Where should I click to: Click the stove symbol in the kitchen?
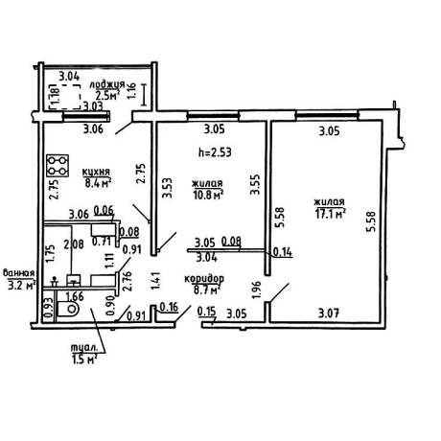pyautogui.click(x=58, y=166)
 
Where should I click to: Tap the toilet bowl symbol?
pyautogui.click(x=68, y=309)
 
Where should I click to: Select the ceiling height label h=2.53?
pyautogui.click(x=215, y=152)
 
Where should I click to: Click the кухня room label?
pyautogui.click(x=96, y=172)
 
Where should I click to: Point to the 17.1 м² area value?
pyautogui.click(x=331, y=214)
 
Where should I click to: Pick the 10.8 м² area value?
pyautogui.click(x=208, y=195)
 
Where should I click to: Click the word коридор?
pyautogui.click(x=204, y=279)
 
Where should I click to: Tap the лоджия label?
pyautogui.click(x=107, y=85)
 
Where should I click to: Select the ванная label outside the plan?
pyautogui.click(x=18, y=273)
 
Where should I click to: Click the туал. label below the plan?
pyautogui.click(x=83, y=348)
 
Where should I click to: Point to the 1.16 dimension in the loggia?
pyautogui.click(x=131, y=91)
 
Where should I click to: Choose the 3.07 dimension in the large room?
pyautogui.click(x=329, y=313)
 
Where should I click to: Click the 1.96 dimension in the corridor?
pyautogui.click(x=257, y=290)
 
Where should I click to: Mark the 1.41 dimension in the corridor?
pyautogui.click(x=155, y=281)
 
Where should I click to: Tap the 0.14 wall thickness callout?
pyautogui.click(x=283, y=252)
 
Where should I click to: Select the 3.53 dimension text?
pyautogui.click(x=167, y=188)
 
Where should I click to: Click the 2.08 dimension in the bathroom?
pyautogui.click(x=74, y=244)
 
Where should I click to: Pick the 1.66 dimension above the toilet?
pyautogui.click(x=74, y=296)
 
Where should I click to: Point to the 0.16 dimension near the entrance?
pyautogui.click(x=169, y=308)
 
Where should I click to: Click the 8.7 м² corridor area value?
pyautogui.click(x=207, y=290)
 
